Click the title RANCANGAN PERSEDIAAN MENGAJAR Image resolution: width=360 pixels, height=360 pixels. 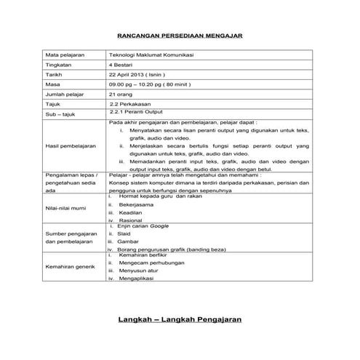click(x=180, y=35)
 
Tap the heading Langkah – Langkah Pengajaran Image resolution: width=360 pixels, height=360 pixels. click(x=180, y=319)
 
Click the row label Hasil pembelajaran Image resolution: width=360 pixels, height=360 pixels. click(x=71, y=145)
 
